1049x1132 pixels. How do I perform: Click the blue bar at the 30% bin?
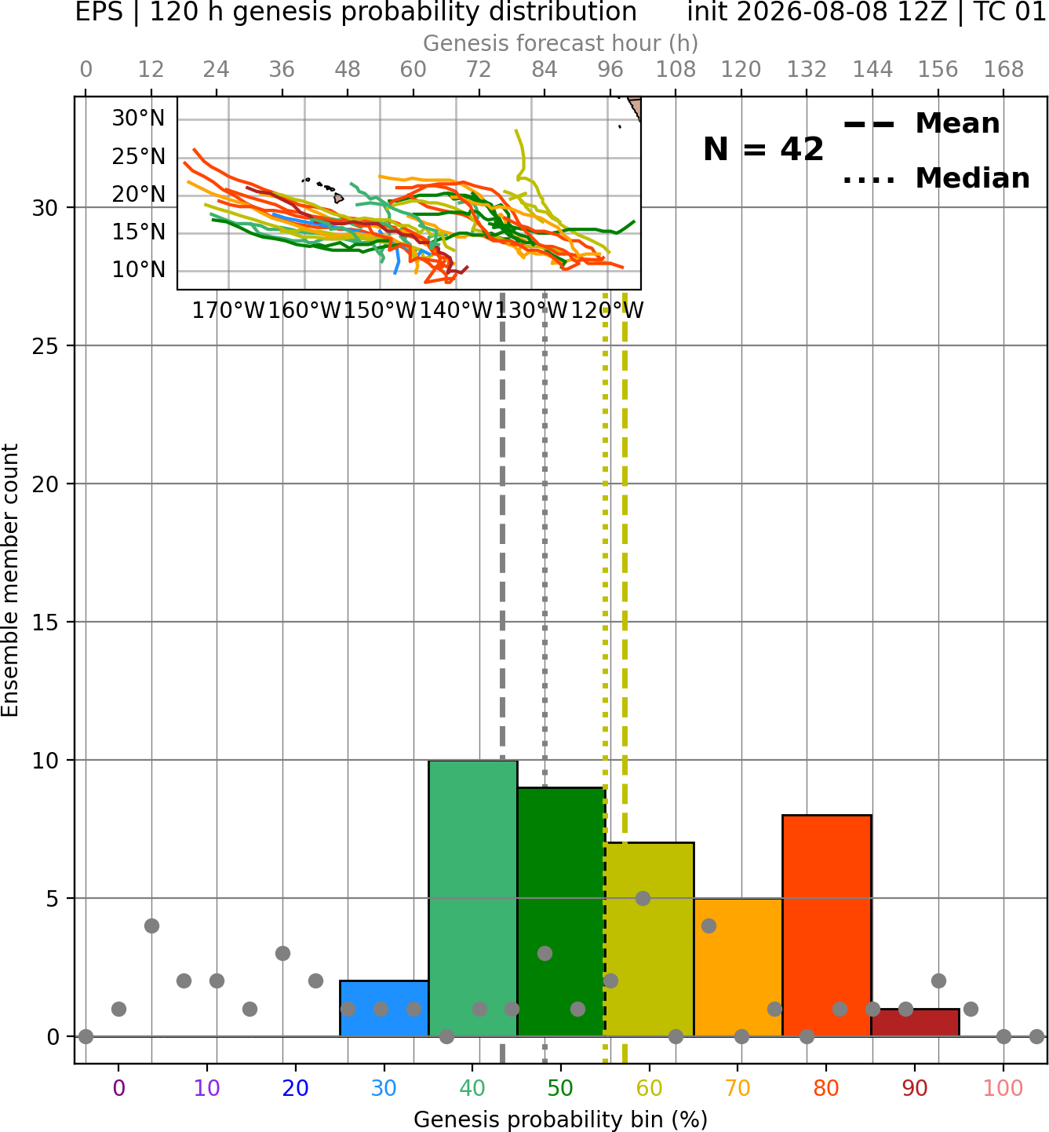click(384, 1008)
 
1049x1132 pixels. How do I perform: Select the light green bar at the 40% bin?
click(473, 898)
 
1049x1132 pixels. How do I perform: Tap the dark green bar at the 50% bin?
click(561, 912)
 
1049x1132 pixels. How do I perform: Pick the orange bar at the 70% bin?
click(738, 967)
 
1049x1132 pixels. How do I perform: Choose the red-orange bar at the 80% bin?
click(827, 926)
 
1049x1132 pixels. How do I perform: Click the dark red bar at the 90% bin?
click(915, 1023)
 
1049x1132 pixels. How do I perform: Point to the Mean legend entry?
click(921, 124)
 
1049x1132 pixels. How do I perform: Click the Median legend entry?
click(936, 178)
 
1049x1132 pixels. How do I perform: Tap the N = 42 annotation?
click(763, 149)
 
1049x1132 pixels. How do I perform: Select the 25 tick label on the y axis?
click(46, 346)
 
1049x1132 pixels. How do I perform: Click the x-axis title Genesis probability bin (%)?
click(561, 1119)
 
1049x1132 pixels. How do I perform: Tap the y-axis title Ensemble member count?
click(10, 580)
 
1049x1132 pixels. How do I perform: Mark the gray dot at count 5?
click(643, 898)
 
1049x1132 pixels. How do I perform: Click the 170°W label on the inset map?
click(228, 311)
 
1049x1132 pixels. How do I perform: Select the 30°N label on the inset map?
click(138, 119)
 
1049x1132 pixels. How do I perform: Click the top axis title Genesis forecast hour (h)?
click(561, 43)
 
